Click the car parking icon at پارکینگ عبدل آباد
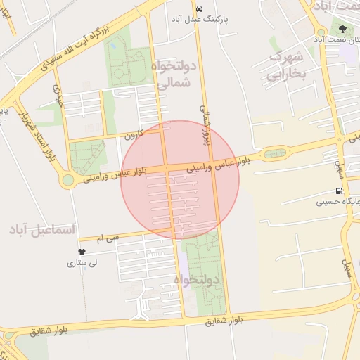pos(200,8)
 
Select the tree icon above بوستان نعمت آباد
pos(342,29)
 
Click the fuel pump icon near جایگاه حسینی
pos(340,191)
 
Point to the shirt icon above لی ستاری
pos(82,252)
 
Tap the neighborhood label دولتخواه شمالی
pos(171,74)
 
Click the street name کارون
pos(134,134)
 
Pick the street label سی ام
pos(108,239)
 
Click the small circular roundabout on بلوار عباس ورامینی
pos(67,180)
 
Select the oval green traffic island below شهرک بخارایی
pos(274,153)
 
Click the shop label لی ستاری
pos(82,264)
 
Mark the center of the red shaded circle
pos(180,179)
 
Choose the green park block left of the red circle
pos(87,156)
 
